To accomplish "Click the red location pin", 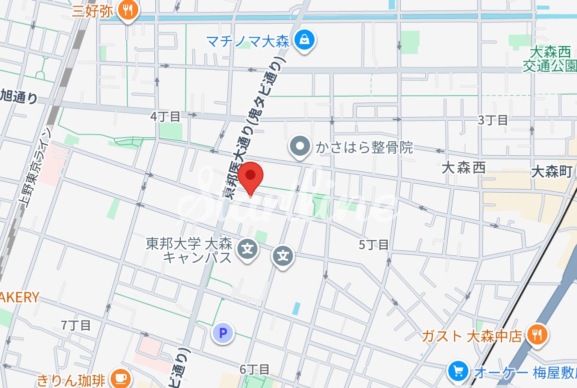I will [250, 177].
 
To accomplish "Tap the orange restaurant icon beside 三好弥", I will [129, 11].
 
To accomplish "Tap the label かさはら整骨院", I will [364, 147].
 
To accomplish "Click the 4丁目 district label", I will [165, 117].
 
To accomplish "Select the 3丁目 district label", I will [493, 120].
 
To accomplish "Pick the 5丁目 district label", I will [374, 245].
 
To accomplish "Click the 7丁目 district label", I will [76, 325].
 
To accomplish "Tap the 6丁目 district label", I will [254, 370].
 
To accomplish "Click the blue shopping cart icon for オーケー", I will [458, 371].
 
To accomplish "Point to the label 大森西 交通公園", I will [550, 59].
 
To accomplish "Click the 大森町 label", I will [551, 172].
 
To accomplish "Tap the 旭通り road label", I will [19, 96].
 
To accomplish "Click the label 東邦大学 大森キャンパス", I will [189, 250].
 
